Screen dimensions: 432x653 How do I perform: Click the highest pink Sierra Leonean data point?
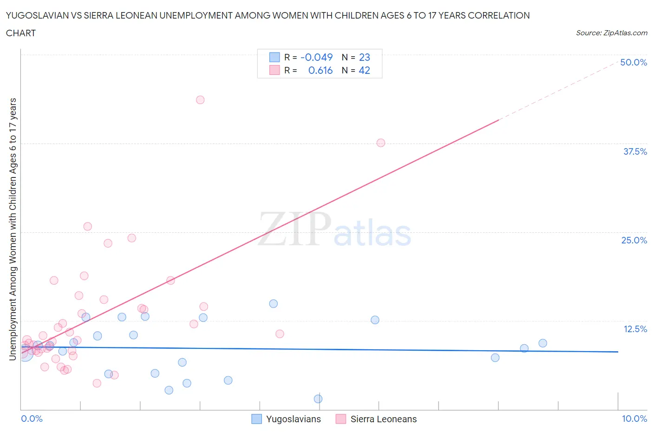pyautogui.click(x=200, y=100)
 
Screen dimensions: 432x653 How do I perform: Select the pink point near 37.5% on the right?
pyautogui.click(x=381, y=143)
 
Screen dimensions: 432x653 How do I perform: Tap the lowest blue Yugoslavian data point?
pyautogui.click(x=318, y=399)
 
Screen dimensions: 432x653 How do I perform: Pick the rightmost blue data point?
pyautogui.click(x=542, y=343)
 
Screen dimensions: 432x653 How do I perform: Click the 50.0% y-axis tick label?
pyautogui.click(x=633, y=62)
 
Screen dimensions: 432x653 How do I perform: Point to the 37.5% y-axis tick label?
pyautogui.click(x=635, y=151)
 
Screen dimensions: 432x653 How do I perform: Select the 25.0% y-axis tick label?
pyautogui.click(x=634, y=240)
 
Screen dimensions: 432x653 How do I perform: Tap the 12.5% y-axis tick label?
pyautogui.click(x=635, y=329)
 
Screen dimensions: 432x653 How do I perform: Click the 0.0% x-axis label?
pyautogui.click(x=32, y=419)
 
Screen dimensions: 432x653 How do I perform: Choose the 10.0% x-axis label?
pyautogui.click(x=634, y=419)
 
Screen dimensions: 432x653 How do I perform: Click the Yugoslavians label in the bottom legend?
pyautogui.click(x=293, y=419)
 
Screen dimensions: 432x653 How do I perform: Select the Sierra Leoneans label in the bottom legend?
pyautogui.click(x=383, y=419)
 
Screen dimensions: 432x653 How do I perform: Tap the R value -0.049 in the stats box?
pyautogui.click(x=317, y=57)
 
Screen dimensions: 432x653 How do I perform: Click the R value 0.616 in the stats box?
pyautogui.click(x=320, y=70)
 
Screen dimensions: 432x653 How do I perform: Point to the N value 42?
pyautogui.click(x=365, y=70)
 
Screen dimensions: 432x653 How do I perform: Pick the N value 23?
pyautogui.click(x=365, y=57)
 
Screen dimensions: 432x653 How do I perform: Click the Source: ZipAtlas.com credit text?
pyautogui.click(x=611, y=33)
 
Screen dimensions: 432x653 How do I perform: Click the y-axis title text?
pyautogui.click(x=13, y=229)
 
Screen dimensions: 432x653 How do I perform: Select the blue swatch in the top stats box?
pyautogui.click(x=274, y=57)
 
